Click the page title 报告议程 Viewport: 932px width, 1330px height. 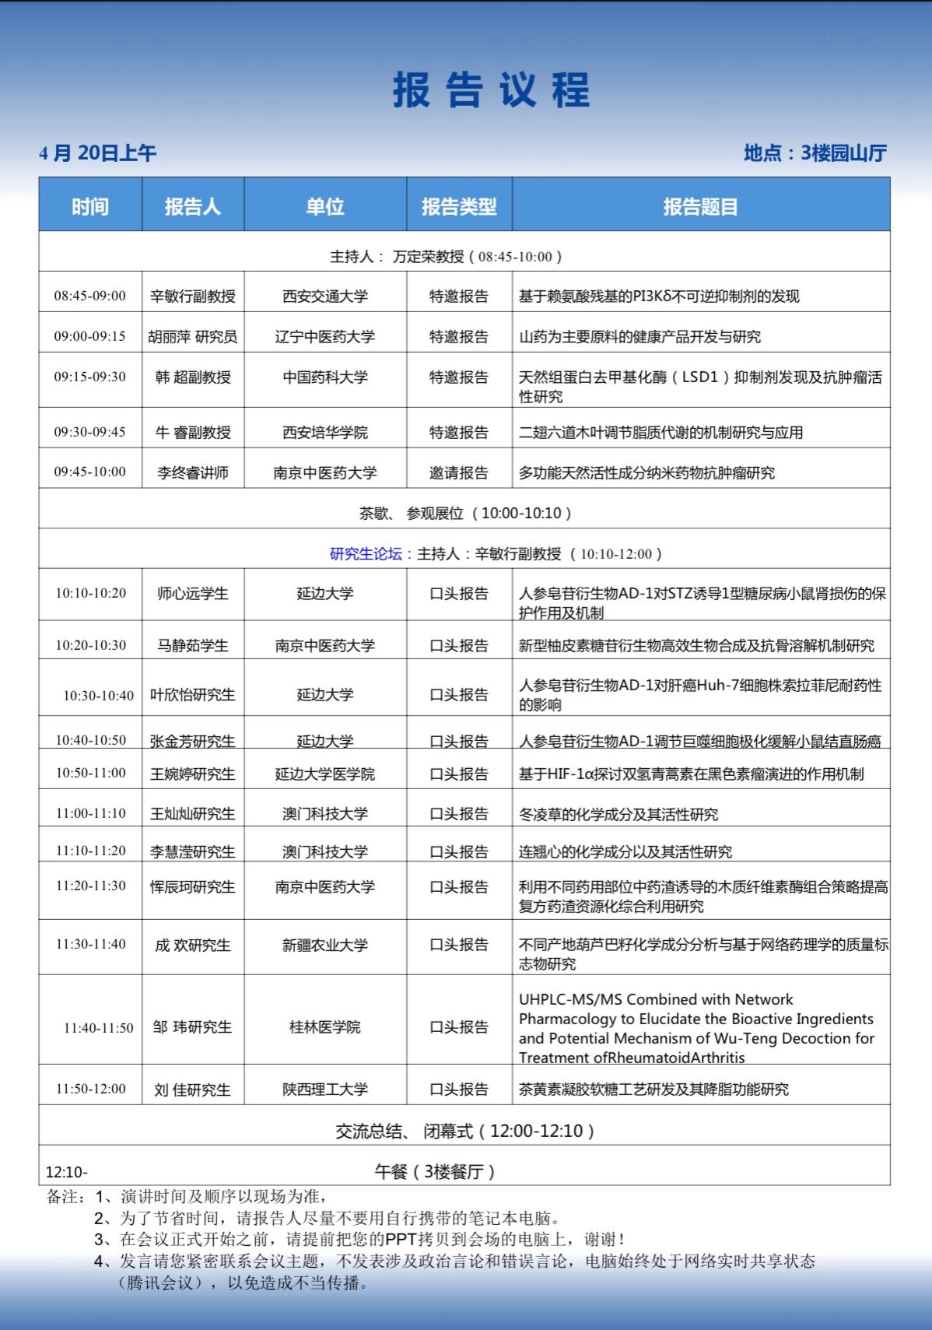(491, 90)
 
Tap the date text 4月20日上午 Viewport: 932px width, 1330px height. (98, 153)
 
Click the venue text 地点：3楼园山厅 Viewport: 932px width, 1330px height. (815, 153)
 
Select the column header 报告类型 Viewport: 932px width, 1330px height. (459, 206)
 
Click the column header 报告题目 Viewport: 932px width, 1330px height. (700, 206)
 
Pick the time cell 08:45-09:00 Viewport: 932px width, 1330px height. (90, 296)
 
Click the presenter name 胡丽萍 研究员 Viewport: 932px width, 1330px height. (193, 337)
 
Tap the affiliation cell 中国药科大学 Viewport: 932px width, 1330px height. (325, 377)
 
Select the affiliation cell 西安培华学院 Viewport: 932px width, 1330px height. (325, 433)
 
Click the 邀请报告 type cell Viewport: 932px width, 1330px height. (459, 473)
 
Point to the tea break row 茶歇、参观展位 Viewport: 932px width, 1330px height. (464, 514)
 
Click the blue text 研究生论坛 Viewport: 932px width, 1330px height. (366, 554)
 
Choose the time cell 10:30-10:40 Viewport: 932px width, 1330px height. (99, 696)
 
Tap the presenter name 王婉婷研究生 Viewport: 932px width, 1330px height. (193, 774)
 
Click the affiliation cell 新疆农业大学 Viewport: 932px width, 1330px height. (325, 946)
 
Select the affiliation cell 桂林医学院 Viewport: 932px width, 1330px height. (325, 1027)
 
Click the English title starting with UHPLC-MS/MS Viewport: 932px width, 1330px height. (696, 1028)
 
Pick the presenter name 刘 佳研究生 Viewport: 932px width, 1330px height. (193, 1090)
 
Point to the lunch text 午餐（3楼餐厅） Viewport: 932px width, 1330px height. (434, 1172)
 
